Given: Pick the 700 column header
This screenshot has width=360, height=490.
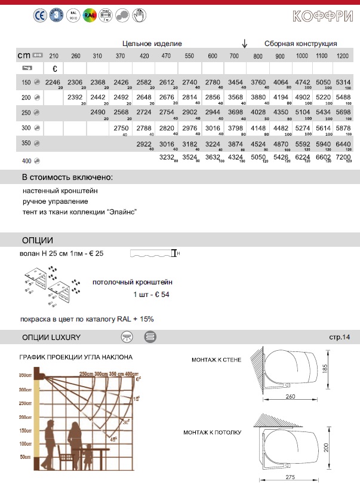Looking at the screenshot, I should [235, 56].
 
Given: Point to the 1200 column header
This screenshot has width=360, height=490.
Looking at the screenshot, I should [343, 56].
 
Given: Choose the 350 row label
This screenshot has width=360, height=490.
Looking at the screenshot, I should [26, 144].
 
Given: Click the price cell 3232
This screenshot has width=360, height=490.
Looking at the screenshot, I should [167, 158].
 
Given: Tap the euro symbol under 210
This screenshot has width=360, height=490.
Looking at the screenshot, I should [54, 68].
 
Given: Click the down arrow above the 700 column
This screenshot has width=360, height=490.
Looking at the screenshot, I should [244, 44].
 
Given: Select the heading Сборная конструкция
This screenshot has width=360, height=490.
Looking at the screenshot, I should [300, 44].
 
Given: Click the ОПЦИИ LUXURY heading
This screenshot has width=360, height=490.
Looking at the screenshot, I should [51, 338].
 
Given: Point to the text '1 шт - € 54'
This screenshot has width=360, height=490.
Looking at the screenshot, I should [151, 295].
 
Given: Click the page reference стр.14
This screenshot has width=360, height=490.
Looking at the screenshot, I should [339, 338].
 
